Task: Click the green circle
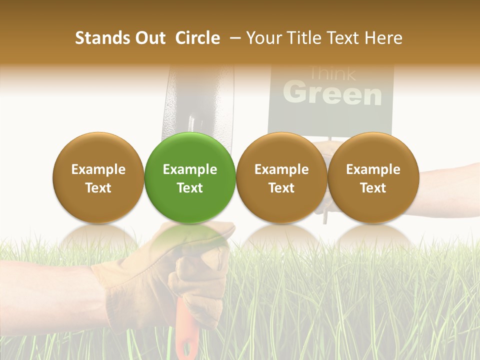click(x=190, y=177)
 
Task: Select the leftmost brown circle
click(x=98, y=177)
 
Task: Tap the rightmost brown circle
click(x=373, y=177)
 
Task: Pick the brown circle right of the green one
click(x=281, y=177)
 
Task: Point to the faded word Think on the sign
click(x=332, y=73)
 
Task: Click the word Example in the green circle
click(x=190, y=169)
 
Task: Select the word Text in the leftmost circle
click(x=98, y=188)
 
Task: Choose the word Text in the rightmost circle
click(x=373, y=188)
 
